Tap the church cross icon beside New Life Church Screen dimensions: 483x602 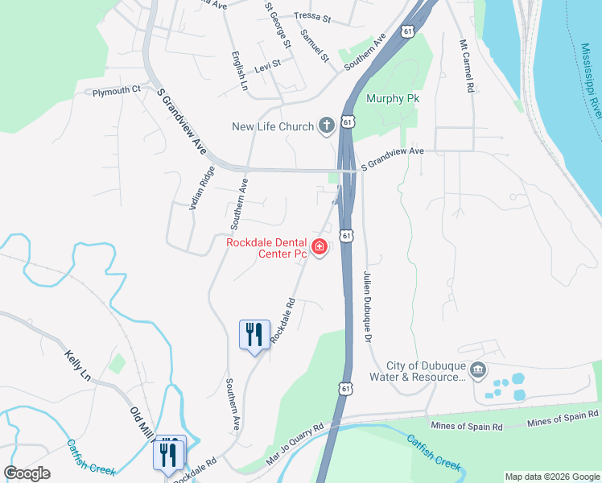326,125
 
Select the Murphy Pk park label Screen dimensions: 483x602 394,99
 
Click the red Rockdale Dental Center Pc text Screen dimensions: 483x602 266,247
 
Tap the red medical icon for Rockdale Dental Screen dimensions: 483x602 320,247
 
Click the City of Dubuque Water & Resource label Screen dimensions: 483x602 417,371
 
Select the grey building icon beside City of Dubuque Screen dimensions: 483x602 478,370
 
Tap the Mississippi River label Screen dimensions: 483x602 590,80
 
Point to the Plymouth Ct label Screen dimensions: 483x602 117,91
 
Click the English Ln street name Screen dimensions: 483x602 238,72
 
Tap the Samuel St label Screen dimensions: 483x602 315,46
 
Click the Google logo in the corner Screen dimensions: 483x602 27,473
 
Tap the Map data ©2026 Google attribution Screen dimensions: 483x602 551,477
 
